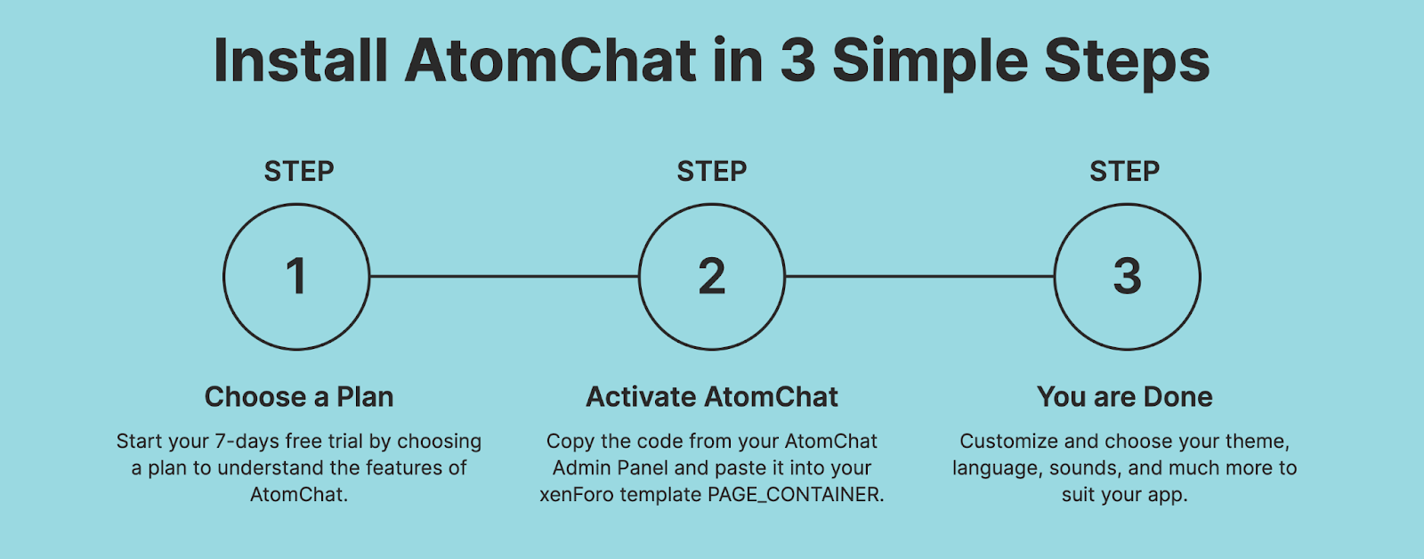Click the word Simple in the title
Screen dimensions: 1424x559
(x=930, y=63)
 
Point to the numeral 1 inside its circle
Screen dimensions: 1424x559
(x=296, y=277)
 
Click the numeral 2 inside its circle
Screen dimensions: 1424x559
(x=712, y=277)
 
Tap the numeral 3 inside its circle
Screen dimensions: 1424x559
(x=1127, y=277)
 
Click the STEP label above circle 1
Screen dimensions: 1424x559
(x=299, y=171)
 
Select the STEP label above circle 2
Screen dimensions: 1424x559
(x=712, y=171)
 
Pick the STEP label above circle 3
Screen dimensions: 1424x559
(x=1125, y=171)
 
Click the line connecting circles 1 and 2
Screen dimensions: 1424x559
(x=504, y=277)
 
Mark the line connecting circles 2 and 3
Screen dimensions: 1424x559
(x=919, y=277)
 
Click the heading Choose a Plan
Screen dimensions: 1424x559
(x=299, y=397)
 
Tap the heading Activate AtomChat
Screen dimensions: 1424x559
(x=712, y=397)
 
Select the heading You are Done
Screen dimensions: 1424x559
(x=1125, y=397)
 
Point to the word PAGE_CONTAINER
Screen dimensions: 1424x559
(x=796, y=495)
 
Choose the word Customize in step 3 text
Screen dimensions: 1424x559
(x=1009, y=442)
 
